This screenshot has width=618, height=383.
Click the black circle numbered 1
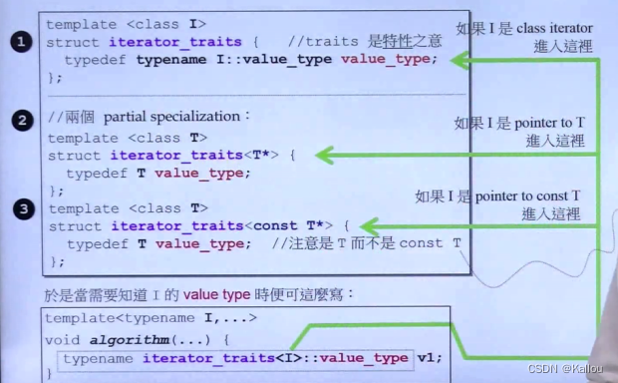pos(20,41)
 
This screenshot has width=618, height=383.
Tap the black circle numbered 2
pos(20,121)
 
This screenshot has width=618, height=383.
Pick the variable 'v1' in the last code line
pos(429,357)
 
